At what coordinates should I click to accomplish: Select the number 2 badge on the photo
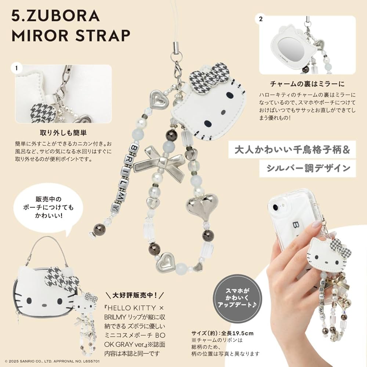[x=261, y=19]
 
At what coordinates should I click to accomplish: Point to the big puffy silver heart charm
[x=202, y=205]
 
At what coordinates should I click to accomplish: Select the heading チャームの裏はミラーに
[x=308, y=83]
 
